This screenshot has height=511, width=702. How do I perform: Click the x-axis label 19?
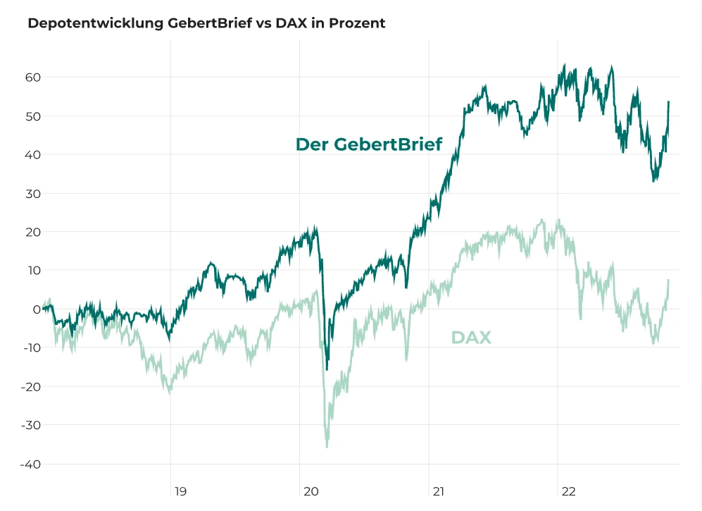[181, 491]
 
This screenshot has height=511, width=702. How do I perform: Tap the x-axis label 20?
[310, 491]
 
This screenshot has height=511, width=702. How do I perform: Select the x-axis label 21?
[438, 491]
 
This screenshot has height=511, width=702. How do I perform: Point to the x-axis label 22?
[568, 491]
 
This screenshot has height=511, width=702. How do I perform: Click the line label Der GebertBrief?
[368, 144]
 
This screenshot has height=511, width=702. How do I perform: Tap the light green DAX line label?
[471, 338]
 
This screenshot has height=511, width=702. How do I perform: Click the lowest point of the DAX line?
[327, 447]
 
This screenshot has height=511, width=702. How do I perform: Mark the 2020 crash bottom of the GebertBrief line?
[327, 369]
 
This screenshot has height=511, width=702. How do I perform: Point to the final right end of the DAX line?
[668, 281]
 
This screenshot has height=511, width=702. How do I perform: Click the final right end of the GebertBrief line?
[668, 102]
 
